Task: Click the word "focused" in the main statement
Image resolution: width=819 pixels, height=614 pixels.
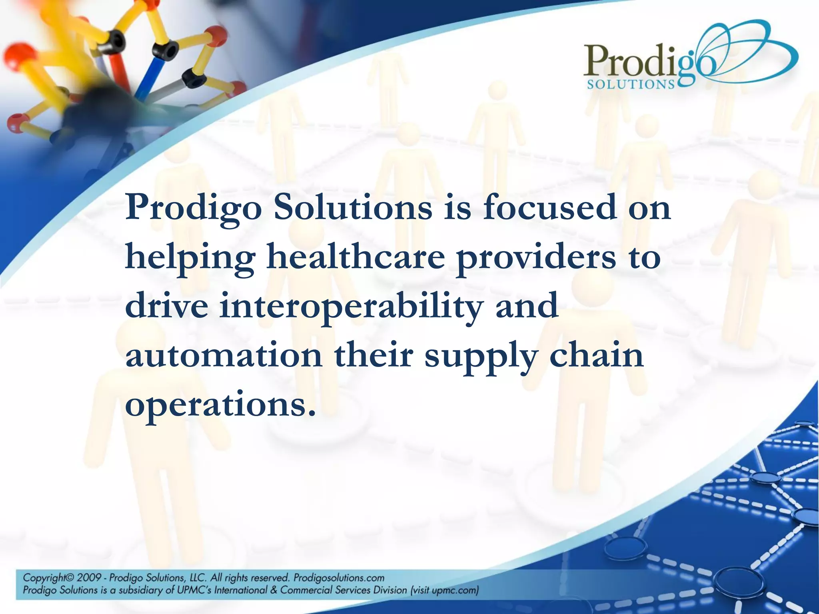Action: pos(549,208)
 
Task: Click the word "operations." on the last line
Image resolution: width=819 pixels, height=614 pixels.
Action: pos(218,406)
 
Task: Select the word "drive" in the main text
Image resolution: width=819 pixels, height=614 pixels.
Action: pos(166,306)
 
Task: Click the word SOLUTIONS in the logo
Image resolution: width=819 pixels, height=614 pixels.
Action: pos(631,84)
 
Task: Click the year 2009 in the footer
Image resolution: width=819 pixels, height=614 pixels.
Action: pos(89,578)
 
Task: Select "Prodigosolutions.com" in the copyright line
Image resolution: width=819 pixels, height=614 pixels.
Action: pos(339,578)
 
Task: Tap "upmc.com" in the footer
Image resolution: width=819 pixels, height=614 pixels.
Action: pos(455,590)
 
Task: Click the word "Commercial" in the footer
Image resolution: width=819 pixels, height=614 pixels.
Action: pos(306,590)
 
